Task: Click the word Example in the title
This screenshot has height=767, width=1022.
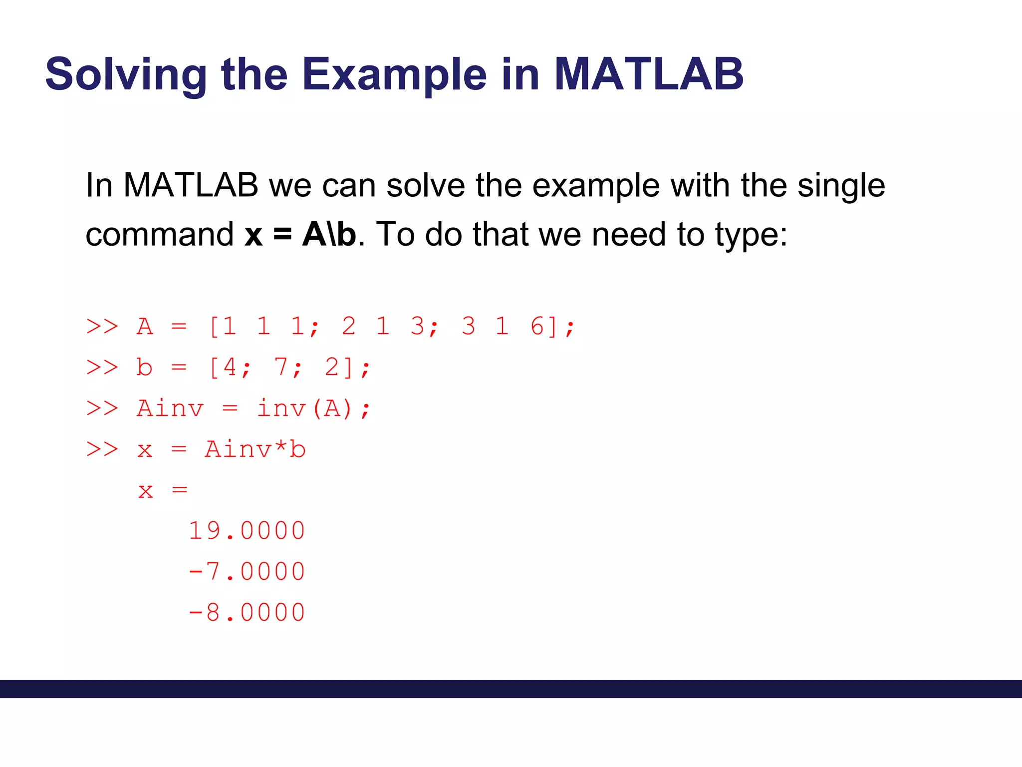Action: (x=394, y=75)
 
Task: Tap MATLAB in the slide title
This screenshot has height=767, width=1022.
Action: (x=649, y=75)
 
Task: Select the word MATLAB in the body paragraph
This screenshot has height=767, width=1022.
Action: (x=191, y=185)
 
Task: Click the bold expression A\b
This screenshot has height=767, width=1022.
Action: (x=329, y=234)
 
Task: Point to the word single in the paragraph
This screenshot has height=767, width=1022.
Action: (x=841, y=185)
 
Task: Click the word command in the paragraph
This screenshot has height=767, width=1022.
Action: (x=159, y=234)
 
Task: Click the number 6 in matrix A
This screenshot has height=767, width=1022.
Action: (x=537, y=326)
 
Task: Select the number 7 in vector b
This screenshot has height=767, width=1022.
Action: (x=281, y=367)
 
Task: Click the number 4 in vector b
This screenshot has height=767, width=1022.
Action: (x=230, y=367)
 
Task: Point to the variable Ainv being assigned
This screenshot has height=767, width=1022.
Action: (x=170, y=408)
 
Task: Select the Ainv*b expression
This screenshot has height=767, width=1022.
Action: (x=255, y=449)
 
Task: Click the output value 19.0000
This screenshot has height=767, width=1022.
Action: (x=247, y=531)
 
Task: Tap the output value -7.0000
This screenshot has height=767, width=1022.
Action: (x=247, y=572)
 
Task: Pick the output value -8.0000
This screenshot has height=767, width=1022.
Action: (x=247, y=613)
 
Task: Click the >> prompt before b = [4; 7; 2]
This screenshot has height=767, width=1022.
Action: (x=102, y=367)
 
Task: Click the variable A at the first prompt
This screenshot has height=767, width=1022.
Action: (x=145, y=327)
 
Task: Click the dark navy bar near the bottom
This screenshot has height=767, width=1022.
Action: (x=511, y=689)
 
